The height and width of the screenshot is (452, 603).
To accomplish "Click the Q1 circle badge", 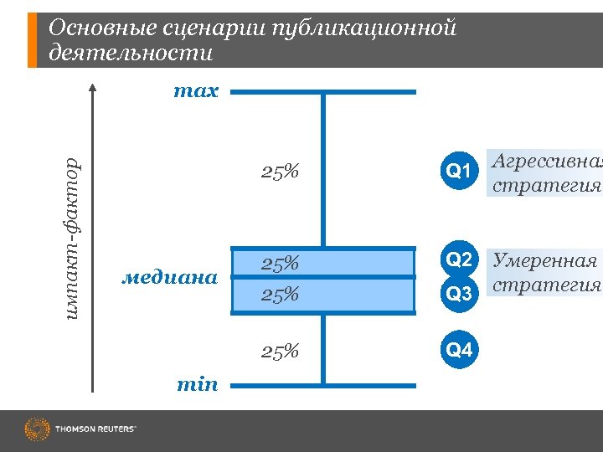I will (x=459, y=172).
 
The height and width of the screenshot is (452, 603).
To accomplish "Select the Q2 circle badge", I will (x=459, y=259).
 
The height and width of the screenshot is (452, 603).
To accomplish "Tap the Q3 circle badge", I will (x=459, y=293).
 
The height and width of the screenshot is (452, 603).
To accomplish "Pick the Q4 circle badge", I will (x=459, y=350).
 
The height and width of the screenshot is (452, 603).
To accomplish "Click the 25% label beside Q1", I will (x=280, y=172).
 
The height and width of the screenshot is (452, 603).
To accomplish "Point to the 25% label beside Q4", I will (x=280, y=351).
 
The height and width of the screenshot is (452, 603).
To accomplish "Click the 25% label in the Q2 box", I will (x=280, y=264).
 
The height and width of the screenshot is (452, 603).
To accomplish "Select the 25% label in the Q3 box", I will (x=280, y=295).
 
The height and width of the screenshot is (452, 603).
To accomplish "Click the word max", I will (x=195, y=91).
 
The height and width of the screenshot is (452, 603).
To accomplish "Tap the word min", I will (x=197, y=384).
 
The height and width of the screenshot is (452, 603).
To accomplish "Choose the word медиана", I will (x=170, y=276).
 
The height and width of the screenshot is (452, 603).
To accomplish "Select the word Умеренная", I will (x=544, y=259).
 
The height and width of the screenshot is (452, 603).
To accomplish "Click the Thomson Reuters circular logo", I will (x=38, y=429).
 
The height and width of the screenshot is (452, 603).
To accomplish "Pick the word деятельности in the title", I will (x=131, y=54).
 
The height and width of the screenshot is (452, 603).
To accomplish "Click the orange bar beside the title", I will (x=33, y=40).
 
